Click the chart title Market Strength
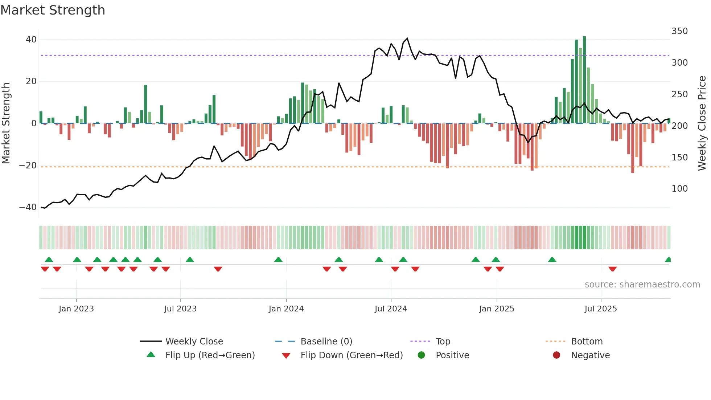click(53, 10)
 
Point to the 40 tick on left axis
click(31, 39)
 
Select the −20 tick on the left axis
click(28, 166)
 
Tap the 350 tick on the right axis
click(679, 31)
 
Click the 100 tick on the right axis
click(679, 189)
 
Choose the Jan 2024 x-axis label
click(286, 309)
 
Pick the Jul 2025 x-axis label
click(601, 309)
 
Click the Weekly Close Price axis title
click(702, 123)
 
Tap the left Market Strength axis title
click(6, 123)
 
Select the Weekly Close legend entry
click(194, 342)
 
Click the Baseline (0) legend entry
click(326, 342)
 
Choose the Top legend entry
click(443, 342)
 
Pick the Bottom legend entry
click(587, 342)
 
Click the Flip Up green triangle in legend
click(151, 355)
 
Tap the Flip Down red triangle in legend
click(286, 356)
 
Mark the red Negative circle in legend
click(556, 355)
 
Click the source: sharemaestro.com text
click(642, 285)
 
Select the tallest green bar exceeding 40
click(584, 80)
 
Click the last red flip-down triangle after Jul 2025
click(613, 269)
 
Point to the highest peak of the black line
click(407, 38)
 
